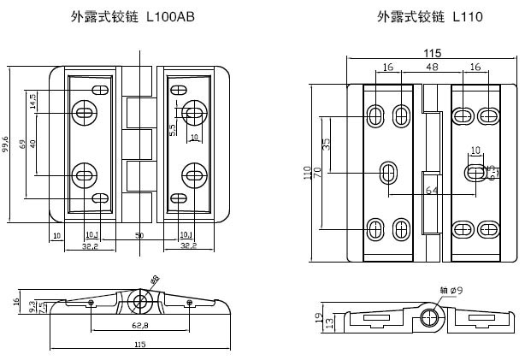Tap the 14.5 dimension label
coord(33,102)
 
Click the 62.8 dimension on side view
coord(138,326)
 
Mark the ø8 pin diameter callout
coord(155,280)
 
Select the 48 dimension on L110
coord(433,67)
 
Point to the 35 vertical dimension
coord(326,143)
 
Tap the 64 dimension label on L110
coord(432,190)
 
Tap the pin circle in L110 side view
coord(429,321)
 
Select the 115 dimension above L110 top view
coord(433,53)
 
